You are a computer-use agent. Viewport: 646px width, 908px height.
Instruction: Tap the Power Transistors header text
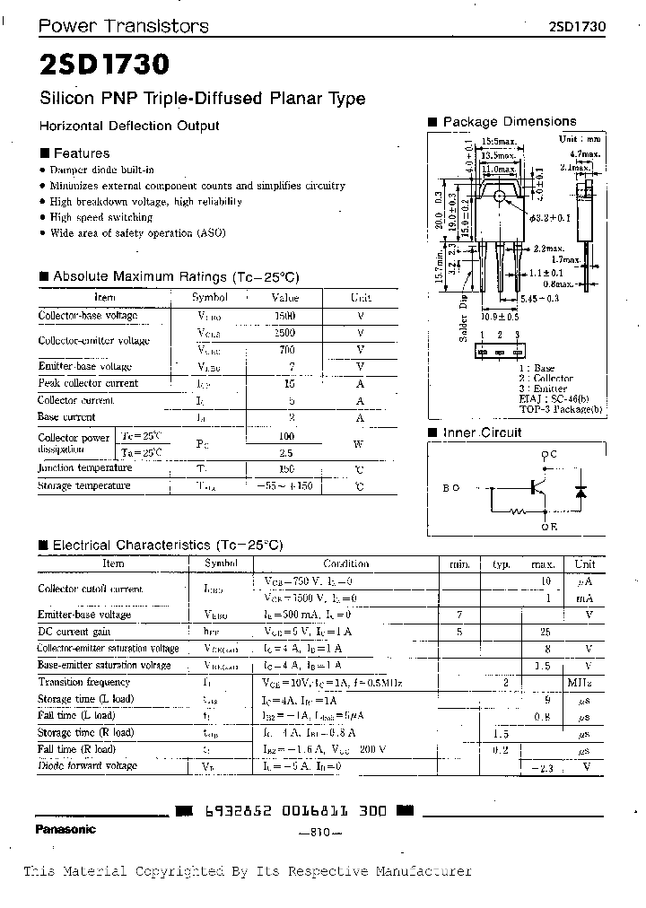pyautogui.click(x=123, y=26)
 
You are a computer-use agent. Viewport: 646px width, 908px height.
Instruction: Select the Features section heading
pyautogui.click(x=81, y=153)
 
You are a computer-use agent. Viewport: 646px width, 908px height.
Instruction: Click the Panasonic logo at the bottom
pyautogui.click(x=65, y=829)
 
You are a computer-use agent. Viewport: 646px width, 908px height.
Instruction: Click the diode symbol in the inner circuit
pyautogui.click(x=580, y=492)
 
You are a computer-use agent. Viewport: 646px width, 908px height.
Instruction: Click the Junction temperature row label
pyautogui.click(x=83, y=468)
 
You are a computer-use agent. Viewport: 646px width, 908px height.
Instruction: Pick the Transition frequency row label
pyautogui.click(x=83, y=683)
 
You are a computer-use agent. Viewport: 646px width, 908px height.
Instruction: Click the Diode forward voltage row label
pyautogui.click(x=87, y=765)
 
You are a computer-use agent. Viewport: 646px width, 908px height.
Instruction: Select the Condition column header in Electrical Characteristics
pyautogui.click(x=345, y=564)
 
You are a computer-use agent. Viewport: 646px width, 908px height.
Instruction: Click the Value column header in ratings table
pyautogui.click(x=284, y=297)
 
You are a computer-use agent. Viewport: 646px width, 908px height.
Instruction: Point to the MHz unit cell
pyautogui.click(x=584, y=683)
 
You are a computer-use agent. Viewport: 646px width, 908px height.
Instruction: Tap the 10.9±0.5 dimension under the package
pyautogui.click(x=500, y=317)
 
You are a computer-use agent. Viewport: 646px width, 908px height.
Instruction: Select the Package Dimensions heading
pyautogui.click(x=509, y=121)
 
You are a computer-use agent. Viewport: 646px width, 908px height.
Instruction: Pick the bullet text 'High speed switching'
pyautogui.click(x=101, y=217)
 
